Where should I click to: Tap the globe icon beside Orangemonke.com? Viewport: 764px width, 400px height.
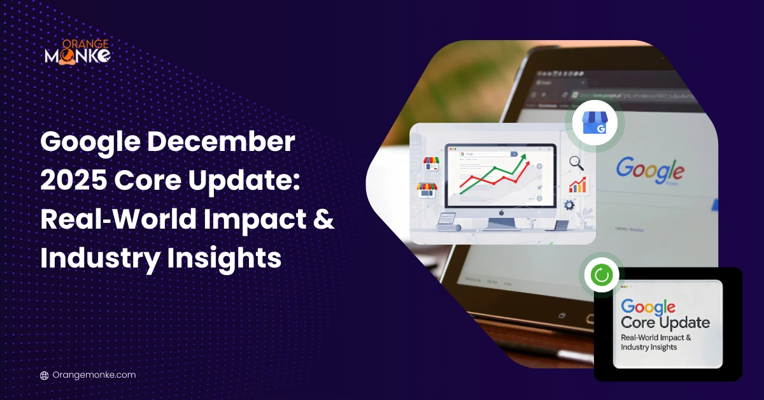point(44,375)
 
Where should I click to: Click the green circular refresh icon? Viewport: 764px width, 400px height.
point(601,275)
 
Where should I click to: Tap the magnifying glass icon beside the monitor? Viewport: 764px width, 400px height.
point(577,163)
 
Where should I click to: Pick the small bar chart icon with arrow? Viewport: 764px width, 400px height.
point(578,185)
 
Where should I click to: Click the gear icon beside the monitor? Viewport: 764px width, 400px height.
point(569,205)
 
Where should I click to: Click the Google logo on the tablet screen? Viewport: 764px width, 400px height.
point(649,169)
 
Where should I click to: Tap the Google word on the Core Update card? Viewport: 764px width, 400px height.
point(647,307)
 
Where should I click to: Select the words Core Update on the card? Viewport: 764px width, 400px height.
point(665,322)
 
